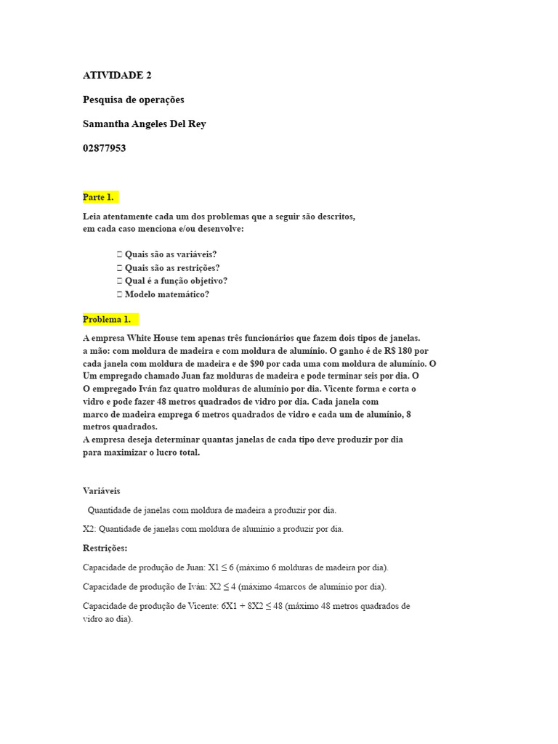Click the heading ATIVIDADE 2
coord(117,75)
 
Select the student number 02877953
coord(104,148)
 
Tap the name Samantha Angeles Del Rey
coord(144,124)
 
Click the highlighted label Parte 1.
coord(98,197)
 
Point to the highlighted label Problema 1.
coord(107,319)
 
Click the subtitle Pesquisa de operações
coord(133,100)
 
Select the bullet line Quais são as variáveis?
coord(171,254)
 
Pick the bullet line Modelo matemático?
coord(167,294)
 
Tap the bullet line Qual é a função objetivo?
coord(176,280)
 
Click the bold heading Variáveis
coord(102,490)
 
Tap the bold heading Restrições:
coord(105,548)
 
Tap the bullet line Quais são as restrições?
coord(172,267)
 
